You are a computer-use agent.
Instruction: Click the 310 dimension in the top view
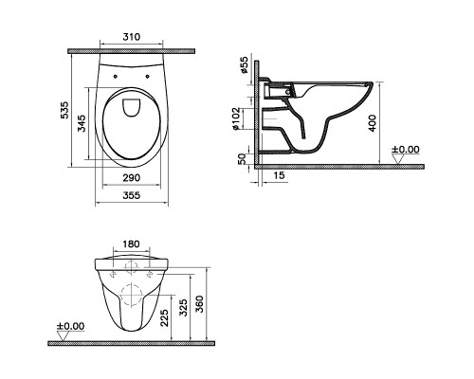pos(132,38)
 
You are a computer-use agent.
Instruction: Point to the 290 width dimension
pos(132,177)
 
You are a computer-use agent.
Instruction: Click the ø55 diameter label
pos(244,65)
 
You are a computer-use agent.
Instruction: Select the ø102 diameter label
pos(244,118)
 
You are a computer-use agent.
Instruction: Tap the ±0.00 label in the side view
pos(407,149)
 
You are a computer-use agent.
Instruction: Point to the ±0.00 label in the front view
pos(71,326)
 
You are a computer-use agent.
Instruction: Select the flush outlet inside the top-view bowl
pos(132,105)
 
